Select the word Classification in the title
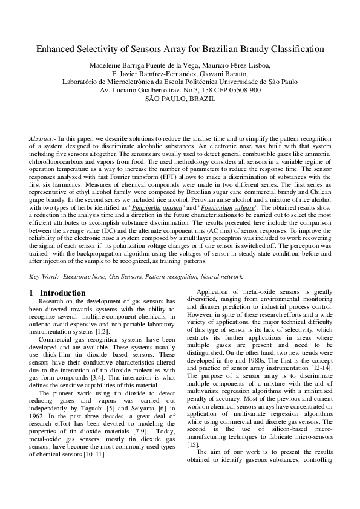click(x=295, y=49)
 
